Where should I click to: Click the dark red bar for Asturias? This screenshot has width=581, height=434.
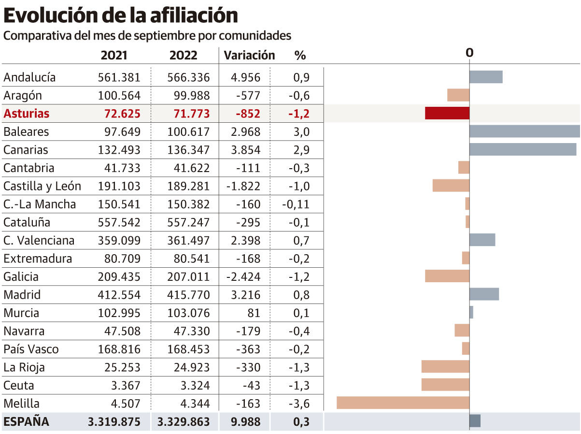(x=447, y=113)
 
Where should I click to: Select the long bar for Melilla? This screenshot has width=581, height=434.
(x=403, y=403)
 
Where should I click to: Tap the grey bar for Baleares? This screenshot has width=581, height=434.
(x=524, y=131)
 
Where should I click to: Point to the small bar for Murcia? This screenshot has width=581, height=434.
(x=471, y=312)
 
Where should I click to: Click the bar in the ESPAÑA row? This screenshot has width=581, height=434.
(x=475, y=421)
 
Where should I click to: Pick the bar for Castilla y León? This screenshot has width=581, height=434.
(x=451, y=186)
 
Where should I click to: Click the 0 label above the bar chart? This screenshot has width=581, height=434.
(x=469, y=53)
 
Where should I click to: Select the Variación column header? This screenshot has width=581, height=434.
(x=249, y=55)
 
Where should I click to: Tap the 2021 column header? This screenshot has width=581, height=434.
(x=114, y=55)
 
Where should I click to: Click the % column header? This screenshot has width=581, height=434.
(x=300, y=55)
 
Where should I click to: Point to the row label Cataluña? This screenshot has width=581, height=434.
(x=27, y=222)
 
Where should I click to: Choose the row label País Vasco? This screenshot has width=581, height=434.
(x=31, y=349)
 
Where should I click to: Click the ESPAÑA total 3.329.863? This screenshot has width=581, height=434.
(x=184, y=421)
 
